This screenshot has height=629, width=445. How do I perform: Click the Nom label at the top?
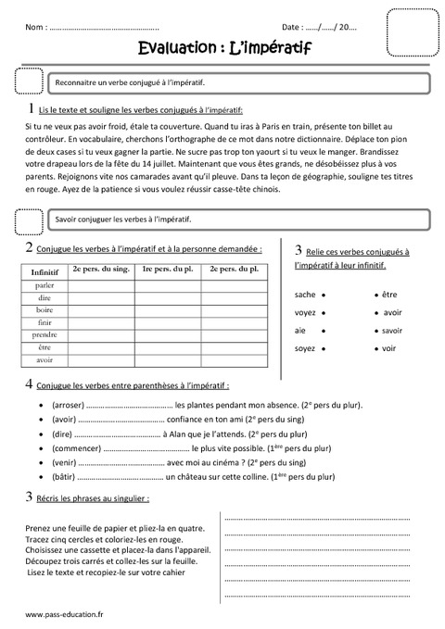click(x=36, y=29)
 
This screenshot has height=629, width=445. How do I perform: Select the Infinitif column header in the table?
click(x=44, y=272)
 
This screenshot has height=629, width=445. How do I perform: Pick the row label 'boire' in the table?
click(x=44, y=310)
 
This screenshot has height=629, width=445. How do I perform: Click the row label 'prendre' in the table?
click(x=44, y=334)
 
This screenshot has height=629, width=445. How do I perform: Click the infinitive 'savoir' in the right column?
click(x=391, y=331)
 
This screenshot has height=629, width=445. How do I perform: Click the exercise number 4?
click(x=30, y=384)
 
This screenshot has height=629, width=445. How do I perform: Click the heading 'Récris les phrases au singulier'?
click(x=93, y=499)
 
